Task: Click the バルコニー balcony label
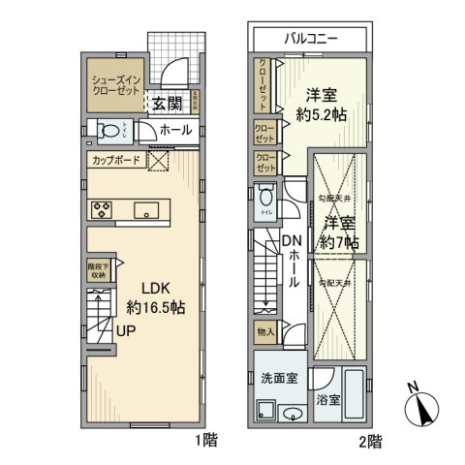click(310, 40)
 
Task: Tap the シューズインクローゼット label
click(112, 84)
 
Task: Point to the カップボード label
click(117, 161)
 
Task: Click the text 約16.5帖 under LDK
click(156, 307)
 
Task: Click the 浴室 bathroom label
click(328, 398)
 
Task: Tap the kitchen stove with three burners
click(104, 209)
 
